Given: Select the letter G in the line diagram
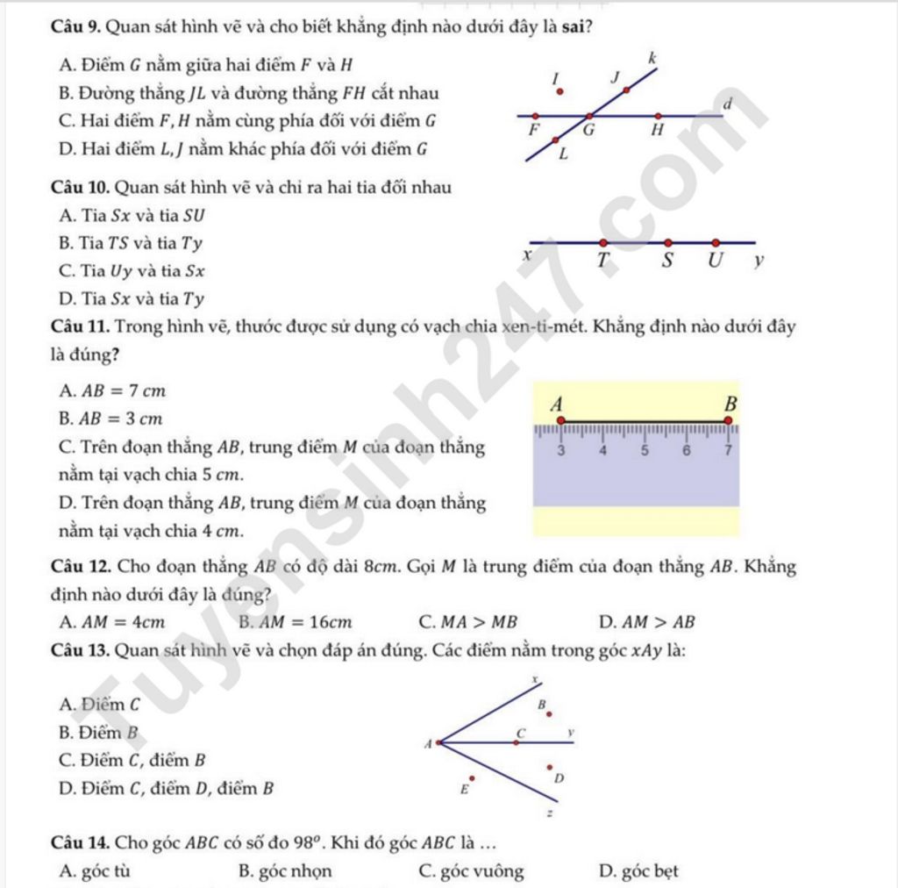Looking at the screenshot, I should (589, 132).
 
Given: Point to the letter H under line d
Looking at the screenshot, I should (657, 132).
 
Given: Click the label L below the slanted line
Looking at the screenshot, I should (563, 154).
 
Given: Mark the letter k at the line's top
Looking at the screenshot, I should (651, 58).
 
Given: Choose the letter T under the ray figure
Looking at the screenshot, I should (602, 261).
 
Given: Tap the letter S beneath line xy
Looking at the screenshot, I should (667, 261).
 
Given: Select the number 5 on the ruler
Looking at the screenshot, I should (645, 451).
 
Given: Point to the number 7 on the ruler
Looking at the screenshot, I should (727, 451).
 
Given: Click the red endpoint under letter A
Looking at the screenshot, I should (561, 420).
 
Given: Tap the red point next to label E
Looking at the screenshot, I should (472, 777).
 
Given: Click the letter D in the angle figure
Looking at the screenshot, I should (559, 778).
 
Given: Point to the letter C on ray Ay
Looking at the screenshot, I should (519, 731).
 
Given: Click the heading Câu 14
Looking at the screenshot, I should (80, 844).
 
